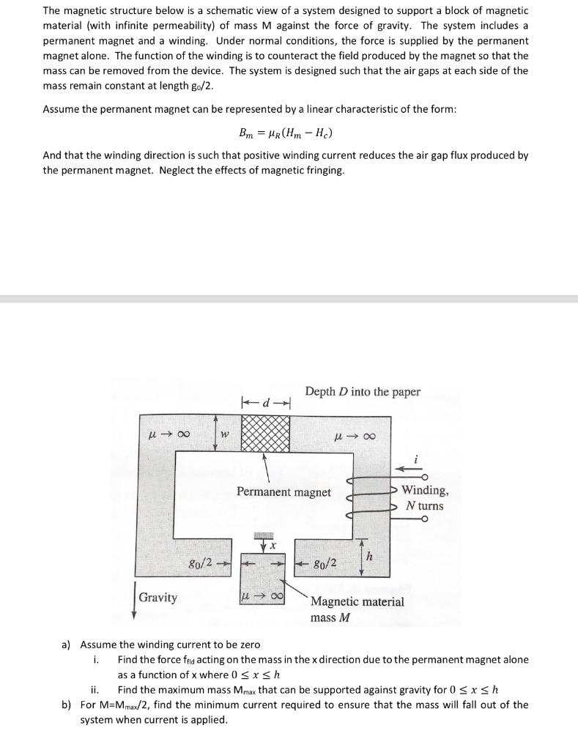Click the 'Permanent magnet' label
point(284,492)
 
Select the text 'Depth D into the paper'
point(363,392)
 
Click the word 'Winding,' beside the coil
point(426,491)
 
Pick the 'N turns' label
point(425,506)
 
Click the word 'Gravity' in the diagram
point(158,598)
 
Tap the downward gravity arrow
point(133,600)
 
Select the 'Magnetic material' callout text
point(357,602)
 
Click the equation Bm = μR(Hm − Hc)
point(289,133)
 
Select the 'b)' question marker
point(66,705)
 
